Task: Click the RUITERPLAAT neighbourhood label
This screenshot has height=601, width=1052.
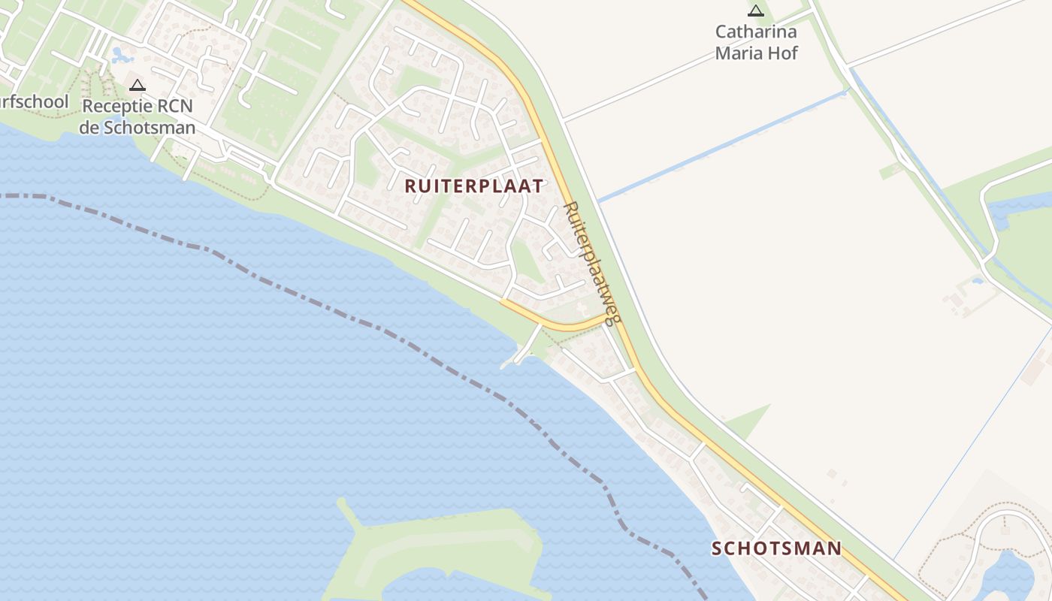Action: [x=473, y=186]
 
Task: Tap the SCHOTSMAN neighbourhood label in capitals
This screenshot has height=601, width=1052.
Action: [x=776, y=548]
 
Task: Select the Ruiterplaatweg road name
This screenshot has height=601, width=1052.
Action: [x=592, y=263]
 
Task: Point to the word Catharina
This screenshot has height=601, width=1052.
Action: [x=755, y=32]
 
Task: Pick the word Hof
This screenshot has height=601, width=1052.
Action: [x=784, y=53]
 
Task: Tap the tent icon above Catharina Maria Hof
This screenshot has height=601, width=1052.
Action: [x=755, y=11]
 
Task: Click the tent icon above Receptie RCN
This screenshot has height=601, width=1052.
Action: [x=137, y=85]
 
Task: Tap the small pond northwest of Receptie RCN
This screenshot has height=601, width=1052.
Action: [x=119, y=55]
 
